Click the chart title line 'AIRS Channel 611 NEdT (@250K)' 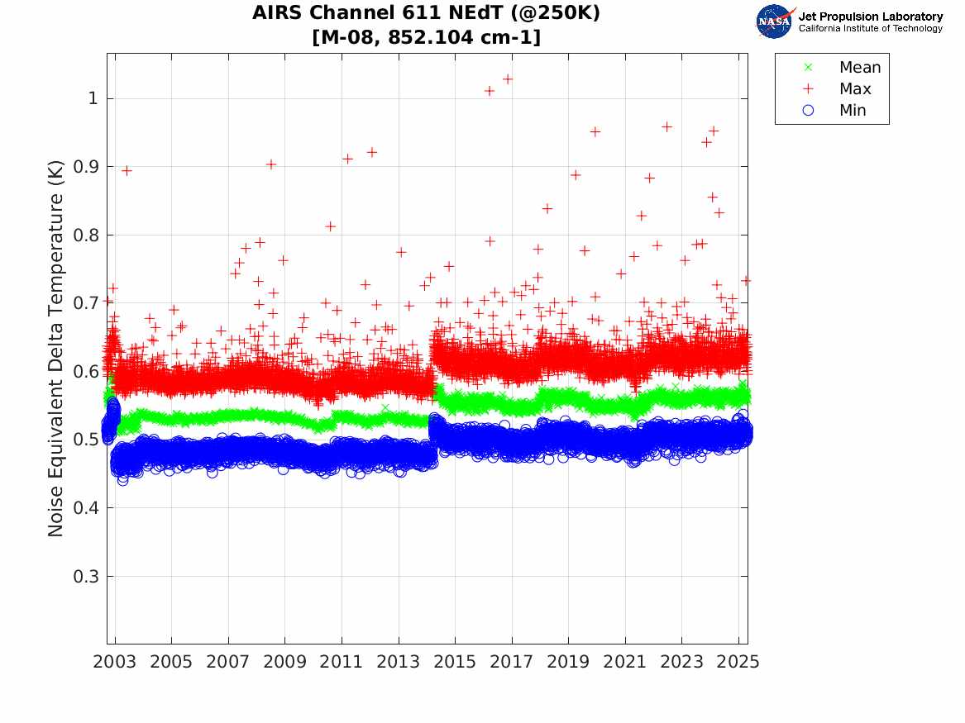click(x=427, y=14)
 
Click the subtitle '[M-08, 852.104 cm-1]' click(x=427, y=37)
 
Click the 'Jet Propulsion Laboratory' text click(x=870, y=17)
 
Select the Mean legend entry click(x=859, y=68)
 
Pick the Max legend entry click(x=854, y=89)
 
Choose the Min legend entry click(x=853, y=111)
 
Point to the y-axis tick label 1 click(x=93, y=98)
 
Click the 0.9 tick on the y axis click(x=86, y=167)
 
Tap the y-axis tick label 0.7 click(x=86, y=303)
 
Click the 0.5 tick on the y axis click(x=86, y=440)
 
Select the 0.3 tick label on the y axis click(x=86, y=576)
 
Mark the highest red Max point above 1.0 click(x=508, y=79)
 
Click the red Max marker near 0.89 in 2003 click(x=127, y=170)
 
